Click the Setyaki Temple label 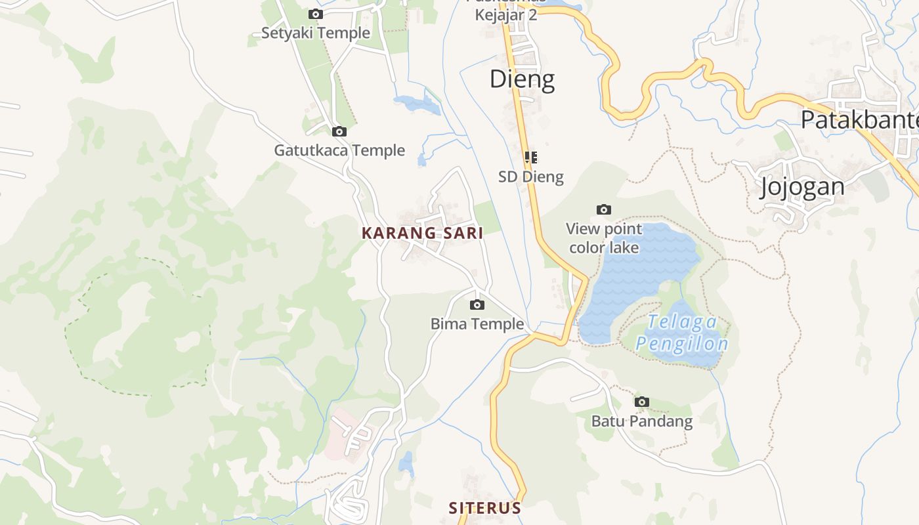[316, 33]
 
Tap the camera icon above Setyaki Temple [316, 14]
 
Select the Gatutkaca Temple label [339, 150]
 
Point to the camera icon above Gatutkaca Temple [339, 131]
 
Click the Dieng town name [523, 79]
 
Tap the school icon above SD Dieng [531, 157]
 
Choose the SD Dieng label [531, 177]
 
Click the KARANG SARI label [423, 233]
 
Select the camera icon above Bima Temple [477, 304]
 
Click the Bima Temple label [477, 324]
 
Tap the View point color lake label [604, 238]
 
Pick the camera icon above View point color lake [604, 209]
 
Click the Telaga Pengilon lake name [682, 333]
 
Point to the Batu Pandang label [642, 421]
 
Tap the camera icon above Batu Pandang [642, 402]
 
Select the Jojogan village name [802, 187]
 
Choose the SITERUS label [485, 508]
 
